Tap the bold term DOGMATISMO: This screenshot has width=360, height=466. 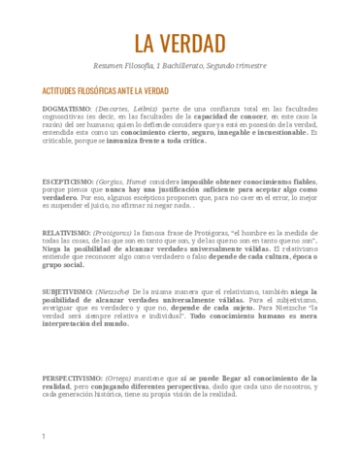point(67,108)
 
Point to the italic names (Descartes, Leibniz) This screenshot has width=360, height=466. point(128,108)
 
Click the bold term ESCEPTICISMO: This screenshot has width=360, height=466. point(70,182)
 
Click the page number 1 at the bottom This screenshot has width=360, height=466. point(44,437)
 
